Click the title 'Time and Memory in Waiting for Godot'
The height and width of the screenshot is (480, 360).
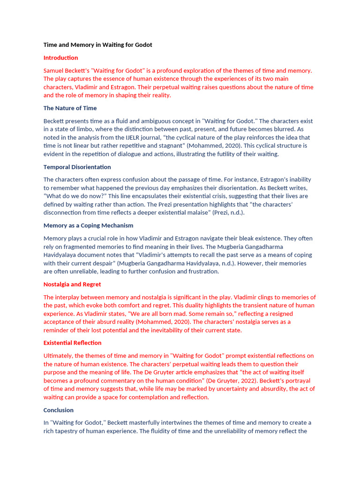tap(97, 45)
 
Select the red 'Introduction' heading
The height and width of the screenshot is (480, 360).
tap(60, 58)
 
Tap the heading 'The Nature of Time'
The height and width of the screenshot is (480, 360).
tap(70, 108)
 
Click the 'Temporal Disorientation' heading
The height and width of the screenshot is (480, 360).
tap(77, 167)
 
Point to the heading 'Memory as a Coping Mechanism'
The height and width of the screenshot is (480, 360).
tap(88, 225)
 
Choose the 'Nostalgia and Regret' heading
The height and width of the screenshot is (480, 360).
tap(72, 284)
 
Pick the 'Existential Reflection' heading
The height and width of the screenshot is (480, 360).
tap(72, 343)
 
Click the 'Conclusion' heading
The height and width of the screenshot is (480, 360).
tap(58, 410)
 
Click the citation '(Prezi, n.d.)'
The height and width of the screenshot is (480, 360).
tap(228, 213)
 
